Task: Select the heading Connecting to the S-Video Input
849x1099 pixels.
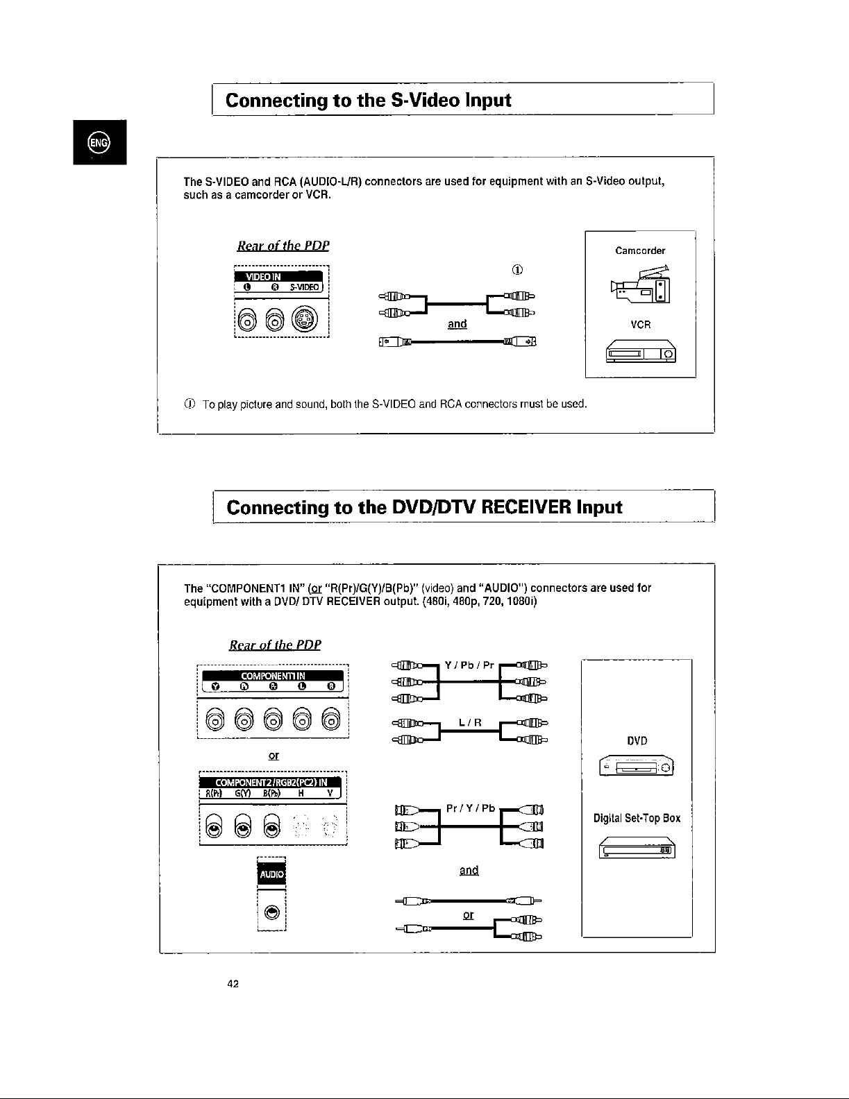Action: click(x=368, y=100)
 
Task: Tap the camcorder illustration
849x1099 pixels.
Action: click(x=640, y=285)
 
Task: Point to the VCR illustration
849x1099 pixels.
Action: click(x=640, y=353)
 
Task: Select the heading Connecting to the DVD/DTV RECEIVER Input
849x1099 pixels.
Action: click(x=424, y=506)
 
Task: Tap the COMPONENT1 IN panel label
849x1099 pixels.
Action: click(x=273, y=676)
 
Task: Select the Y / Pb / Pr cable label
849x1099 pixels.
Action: click(x=469, y=665)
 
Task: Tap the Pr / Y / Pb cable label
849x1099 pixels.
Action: click(x=470, y=808)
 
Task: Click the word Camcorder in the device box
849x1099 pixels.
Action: click(x=640, y=250)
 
